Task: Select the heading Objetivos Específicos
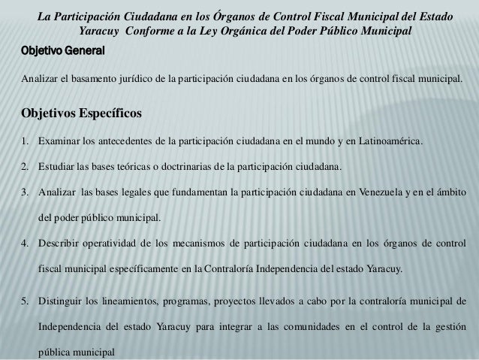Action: pos(78,115)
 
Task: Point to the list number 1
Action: pos(26,141)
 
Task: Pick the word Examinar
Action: pos(62,141)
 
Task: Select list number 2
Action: pos(26,166)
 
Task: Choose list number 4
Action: pos(26,243)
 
